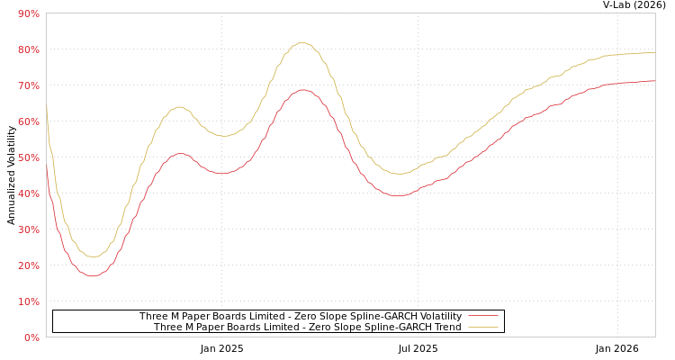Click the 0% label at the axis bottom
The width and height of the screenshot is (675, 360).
coord(31,337)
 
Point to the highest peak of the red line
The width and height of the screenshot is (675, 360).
coord(302,89)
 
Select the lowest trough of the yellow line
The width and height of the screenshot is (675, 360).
coord(93,256)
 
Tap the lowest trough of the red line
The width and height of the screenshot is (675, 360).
coord(93,275)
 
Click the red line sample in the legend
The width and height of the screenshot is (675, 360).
coord(483,317)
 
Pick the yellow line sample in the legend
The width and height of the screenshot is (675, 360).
coord(483,328)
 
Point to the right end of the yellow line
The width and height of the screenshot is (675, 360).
coord(654,52)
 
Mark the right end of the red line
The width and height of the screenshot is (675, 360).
coord(654,81)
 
